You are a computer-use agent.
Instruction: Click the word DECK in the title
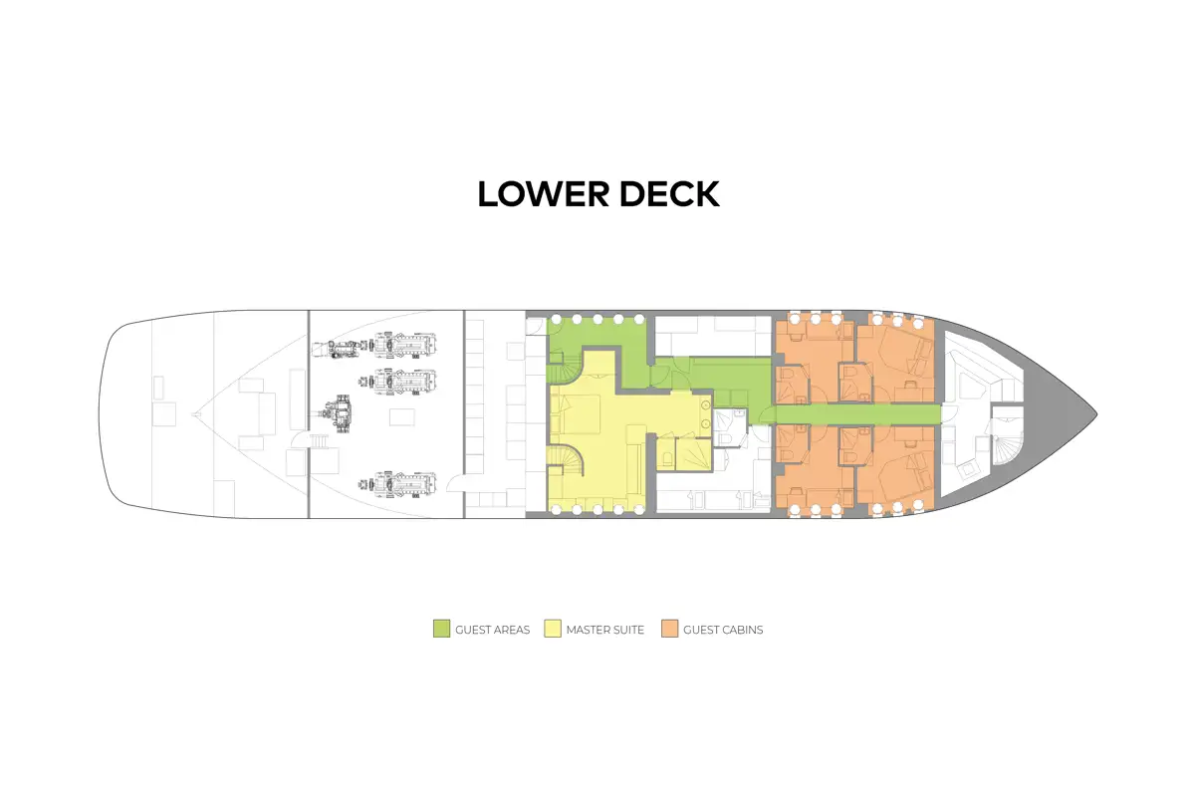coord(669,194)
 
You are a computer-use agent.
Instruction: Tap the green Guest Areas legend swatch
coord(441,629)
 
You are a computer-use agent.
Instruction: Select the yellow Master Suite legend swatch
coord(552,629)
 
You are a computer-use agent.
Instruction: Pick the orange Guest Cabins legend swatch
coord(669,629)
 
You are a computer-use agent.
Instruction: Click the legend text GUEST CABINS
coord(723,630)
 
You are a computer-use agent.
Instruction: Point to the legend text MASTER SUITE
coord(605,630)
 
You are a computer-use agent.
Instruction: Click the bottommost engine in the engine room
coord(398,484)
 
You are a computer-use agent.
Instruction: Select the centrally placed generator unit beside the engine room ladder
coord(337,413)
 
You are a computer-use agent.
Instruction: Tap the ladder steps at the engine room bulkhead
coord(319,441)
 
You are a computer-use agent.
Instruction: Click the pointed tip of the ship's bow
coord(1096,413)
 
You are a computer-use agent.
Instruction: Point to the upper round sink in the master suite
coord(705,405)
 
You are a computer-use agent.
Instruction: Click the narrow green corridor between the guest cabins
coord(857,413)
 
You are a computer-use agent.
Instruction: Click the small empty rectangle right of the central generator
coord(401,416)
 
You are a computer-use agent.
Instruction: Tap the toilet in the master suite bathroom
coord(668,458)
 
